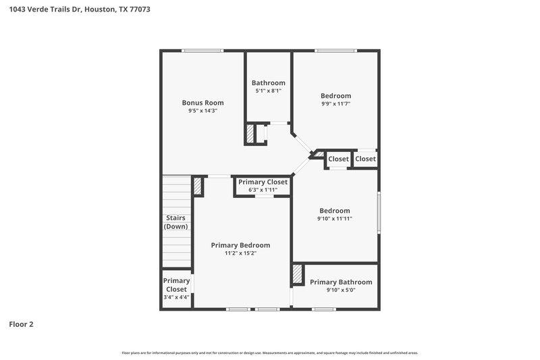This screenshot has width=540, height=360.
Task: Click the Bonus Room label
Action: tap(202, 103)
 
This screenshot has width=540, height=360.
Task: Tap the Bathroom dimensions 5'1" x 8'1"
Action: tap(268, 91)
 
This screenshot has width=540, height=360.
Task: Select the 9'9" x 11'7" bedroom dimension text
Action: tap(335, 104)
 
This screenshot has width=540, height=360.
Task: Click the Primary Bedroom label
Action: tap(240, 245)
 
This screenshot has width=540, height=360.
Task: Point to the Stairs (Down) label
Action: tap(175, 222)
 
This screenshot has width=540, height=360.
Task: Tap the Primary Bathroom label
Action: tap(341, 282)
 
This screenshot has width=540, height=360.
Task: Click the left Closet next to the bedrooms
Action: tap(339, 159)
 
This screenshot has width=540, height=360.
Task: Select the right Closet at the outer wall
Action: tap(365, 159)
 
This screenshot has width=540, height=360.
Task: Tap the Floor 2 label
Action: tap(21, 324)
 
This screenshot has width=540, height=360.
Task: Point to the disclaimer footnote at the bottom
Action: tap(270, 353)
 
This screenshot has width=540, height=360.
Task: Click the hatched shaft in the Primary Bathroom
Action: tap(297, 274)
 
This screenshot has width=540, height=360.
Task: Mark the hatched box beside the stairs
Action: tap(198, 186)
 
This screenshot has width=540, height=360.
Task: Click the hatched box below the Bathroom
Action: tap(250, 134)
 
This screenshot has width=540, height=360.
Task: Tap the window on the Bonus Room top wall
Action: tap(202, 50)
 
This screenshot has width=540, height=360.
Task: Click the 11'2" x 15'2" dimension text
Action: tap(240, 253)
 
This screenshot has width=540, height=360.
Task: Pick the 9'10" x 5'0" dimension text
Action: tap(341, 290)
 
